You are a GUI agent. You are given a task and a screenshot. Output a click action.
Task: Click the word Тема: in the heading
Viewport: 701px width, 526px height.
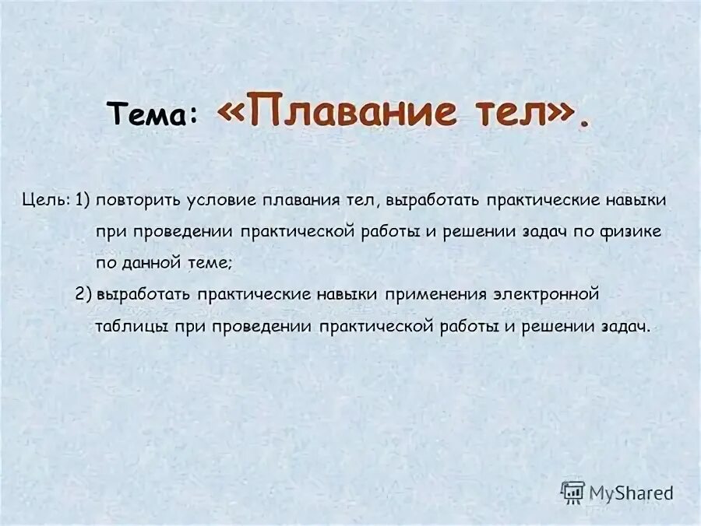(153, 114)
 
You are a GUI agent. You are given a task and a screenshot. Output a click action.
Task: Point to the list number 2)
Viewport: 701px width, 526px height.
(84, 294)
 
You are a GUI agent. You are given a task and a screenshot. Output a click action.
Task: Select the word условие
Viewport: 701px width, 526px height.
(220, 200)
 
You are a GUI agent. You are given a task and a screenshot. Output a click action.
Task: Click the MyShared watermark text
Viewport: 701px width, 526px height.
(631, 493)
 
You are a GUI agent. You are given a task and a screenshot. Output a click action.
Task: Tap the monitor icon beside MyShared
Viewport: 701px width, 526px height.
(572, 492)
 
